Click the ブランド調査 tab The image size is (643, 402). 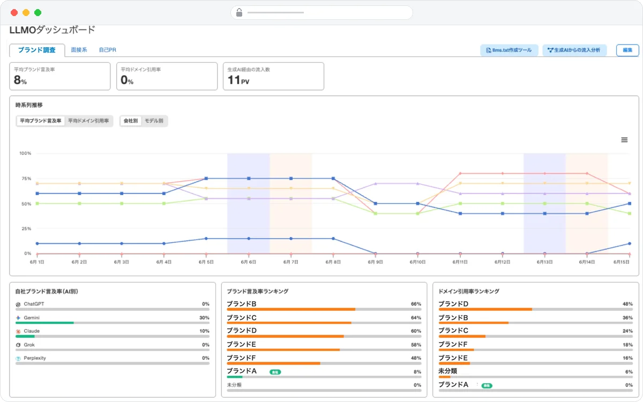coord(37,50)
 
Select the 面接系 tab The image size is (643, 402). coord(79,50)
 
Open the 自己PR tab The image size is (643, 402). coord(107,50)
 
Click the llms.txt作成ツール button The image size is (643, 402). coord(509,50)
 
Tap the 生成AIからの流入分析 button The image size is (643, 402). coord(574,50)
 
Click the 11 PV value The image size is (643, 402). coord(238,80)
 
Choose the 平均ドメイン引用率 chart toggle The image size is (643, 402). coord(88,121)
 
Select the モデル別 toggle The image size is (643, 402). coord(154,121)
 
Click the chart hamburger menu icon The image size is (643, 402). coord(624,140)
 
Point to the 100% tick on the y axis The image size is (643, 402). coord(25,153)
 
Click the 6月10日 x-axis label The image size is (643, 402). coord(417,262)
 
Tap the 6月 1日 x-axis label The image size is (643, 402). coord(37,262)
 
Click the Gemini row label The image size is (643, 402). coord(32,317)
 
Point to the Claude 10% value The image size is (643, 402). coord(204,331)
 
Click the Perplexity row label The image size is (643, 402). coord(35,358)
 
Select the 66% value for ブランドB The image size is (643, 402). coord(416,304)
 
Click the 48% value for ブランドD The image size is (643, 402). coord(627,304)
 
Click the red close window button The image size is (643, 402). coord(14,13)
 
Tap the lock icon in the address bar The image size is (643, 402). coord(239,13)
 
